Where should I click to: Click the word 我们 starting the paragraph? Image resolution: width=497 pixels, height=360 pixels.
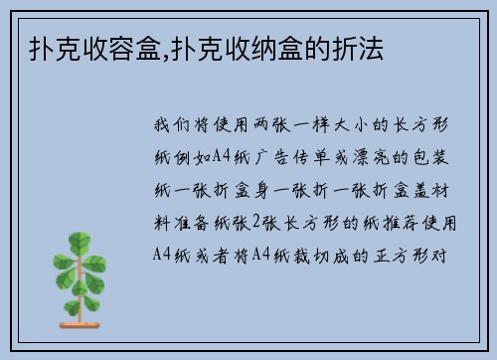coord(173,127)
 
